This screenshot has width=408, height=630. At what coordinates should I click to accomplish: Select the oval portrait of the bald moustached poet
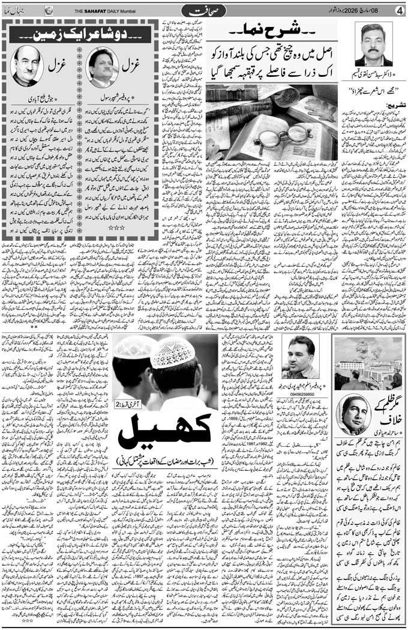(x=26, y=65)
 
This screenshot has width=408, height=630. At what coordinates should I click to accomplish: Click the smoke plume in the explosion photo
(x=359, y=350)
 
